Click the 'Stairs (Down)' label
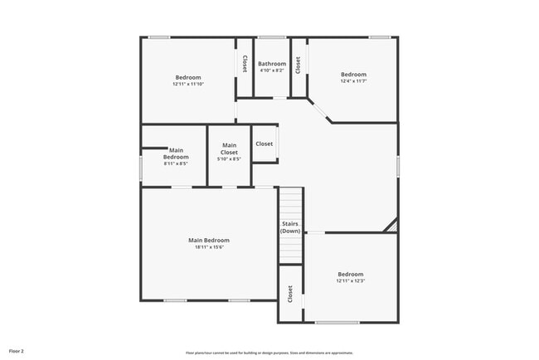(290, 227)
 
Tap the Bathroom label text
(272, 64)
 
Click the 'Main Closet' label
(229, 149)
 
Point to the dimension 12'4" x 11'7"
(353, 81)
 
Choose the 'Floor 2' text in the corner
(17, 352)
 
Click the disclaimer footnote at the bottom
(269, 353)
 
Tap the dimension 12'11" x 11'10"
(188, 85)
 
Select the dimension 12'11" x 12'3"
(350, 281)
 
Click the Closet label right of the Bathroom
(298, 65)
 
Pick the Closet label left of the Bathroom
(245, 64)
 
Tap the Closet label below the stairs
(290, 294)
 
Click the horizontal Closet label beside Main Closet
(264, 144)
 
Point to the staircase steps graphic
(290, 203)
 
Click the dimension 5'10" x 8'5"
(229, 159)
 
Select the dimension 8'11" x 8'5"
(176, 164)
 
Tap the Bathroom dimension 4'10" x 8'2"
(272, 71)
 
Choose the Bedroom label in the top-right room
(353, 74)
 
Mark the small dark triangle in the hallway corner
(392, 226)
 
